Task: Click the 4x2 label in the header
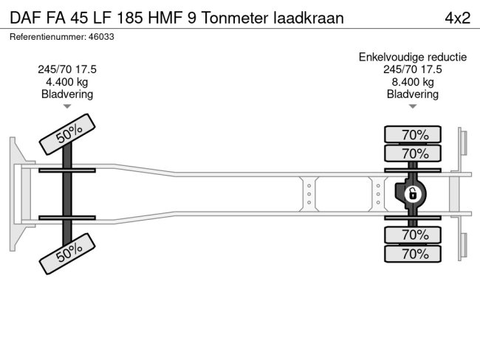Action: tap(456, 18)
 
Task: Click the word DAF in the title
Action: tap(27, 18)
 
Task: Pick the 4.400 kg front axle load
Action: tap(67, 82)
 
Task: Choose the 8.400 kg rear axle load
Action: tap(413, 82)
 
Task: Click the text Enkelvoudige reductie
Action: tap(413, 57)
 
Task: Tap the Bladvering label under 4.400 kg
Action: tap(67, 94)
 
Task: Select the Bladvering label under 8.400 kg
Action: tap(413, 94)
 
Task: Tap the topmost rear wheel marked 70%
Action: tap(414, 134)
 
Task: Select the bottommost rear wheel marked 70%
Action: tap(414, 255)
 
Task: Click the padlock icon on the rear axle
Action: tap(414, 194)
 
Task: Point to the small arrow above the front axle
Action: tap(67, 107)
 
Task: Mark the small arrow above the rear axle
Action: tap(413, 107)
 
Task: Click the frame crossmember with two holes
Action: tap(308, 193)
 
